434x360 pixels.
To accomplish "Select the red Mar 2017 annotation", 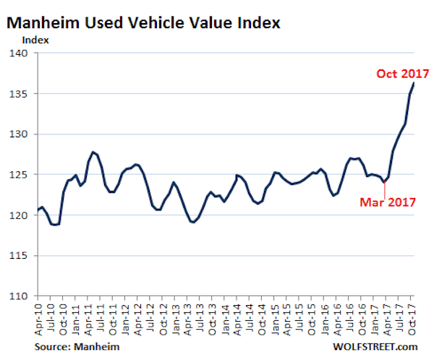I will click(x=388, y=202).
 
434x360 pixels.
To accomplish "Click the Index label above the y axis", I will click(x=38, y=40).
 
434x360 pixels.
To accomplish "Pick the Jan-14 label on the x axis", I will click(x=225, y=315).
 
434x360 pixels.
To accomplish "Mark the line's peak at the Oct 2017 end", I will click(x=413, y=82).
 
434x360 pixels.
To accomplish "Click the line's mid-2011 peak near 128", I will click(x=93, y=152).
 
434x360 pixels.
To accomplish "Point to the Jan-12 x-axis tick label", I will click(x=125, y=315).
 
